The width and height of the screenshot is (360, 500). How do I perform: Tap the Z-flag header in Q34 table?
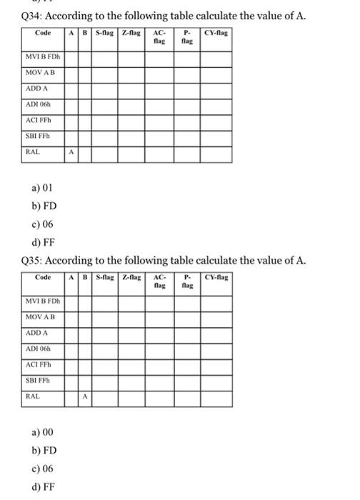point(131,33)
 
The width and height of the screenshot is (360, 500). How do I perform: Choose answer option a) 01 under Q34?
point(41,189)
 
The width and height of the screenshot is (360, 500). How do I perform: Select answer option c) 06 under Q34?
point(42,224)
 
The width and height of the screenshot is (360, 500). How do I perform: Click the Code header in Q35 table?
point(43,277)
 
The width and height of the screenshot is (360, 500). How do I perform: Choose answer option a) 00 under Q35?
point(42,433)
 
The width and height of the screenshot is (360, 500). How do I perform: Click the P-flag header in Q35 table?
point(186,281)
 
